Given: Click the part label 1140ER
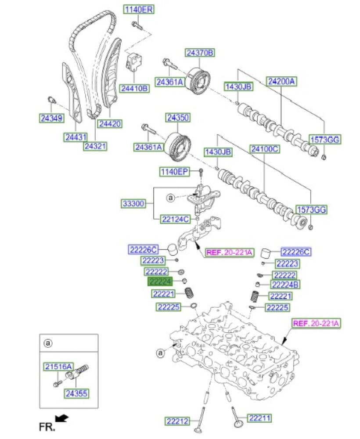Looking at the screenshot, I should click(x=138, y=10).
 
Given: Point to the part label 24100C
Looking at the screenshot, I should click(x=265, y=149).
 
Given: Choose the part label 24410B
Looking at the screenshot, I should click(x=135, y=89).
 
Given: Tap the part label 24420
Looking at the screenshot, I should click(x=110, y=124).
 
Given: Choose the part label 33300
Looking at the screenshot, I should click(x=133, y=203).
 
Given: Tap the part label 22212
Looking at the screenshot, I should click(x=177, y=421).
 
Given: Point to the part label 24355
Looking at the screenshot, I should click(x=77, y=393).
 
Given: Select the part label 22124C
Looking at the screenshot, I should click(x=175, y=219).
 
